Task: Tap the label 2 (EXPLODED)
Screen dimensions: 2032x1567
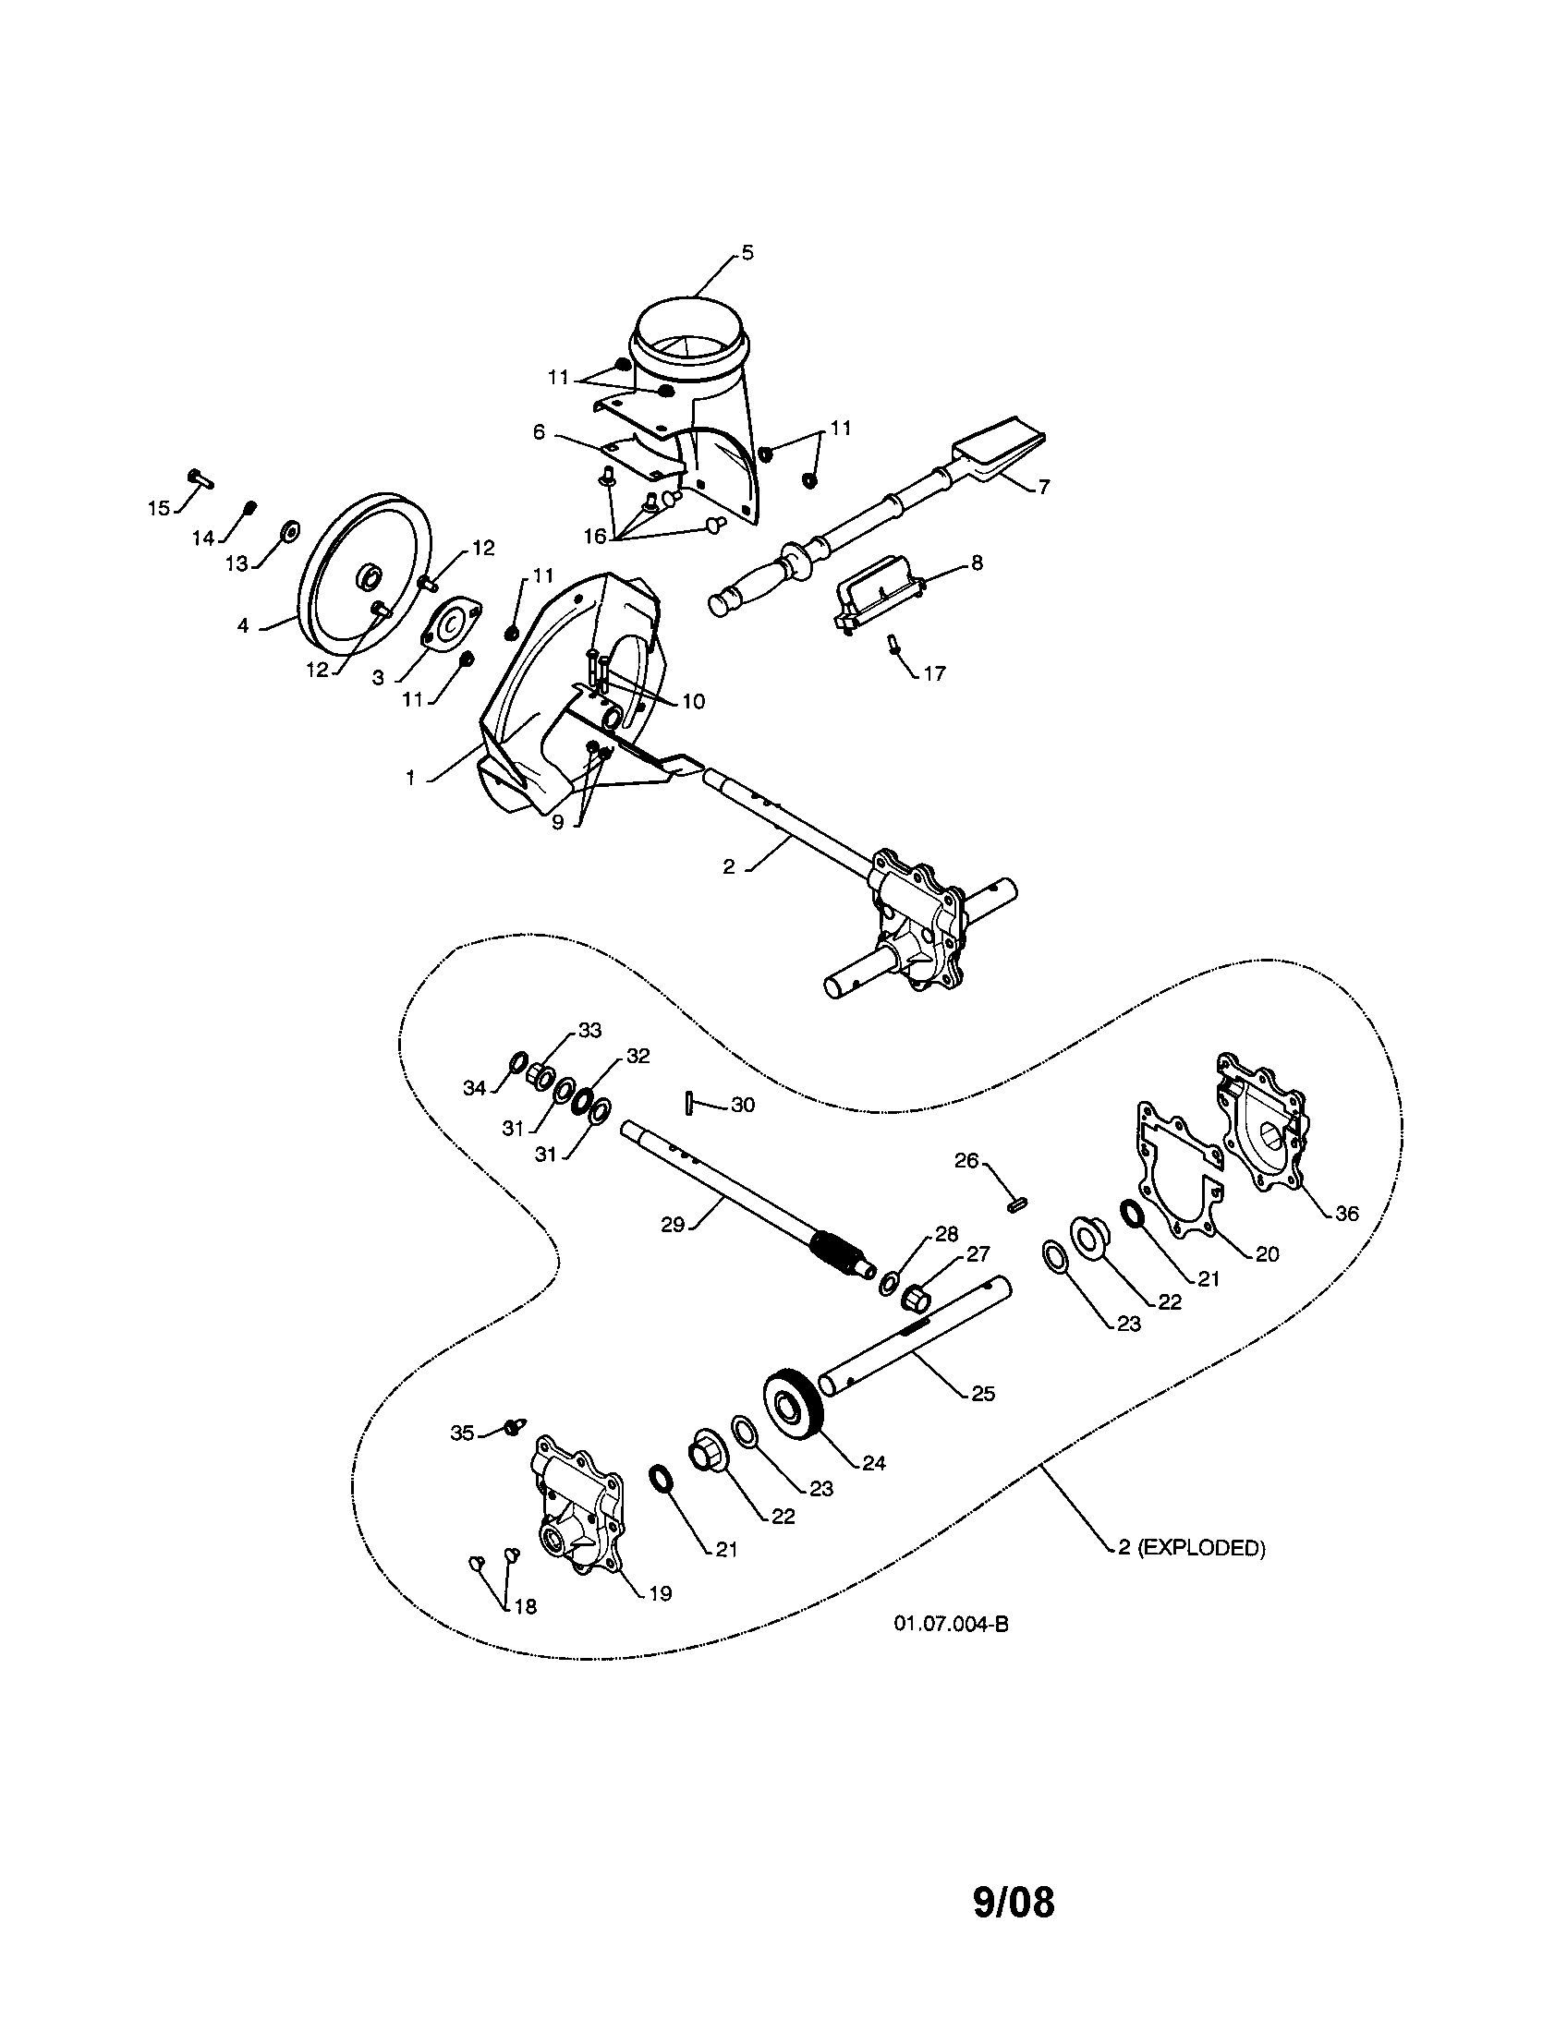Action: coord(1191,1547)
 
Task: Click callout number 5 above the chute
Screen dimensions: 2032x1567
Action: coord(747,253)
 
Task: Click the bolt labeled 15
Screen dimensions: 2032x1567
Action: coord(200,478)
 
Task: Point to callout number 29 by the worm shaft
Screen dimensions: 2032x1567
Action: coord(673,1225)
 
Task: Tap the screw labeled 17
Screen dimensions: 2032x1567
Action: coord(893,644)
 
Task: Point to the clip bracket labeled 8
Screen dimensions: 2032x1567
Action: coord(877,601)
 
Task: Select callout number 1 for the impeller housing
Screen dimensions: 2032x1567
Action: coord(410,778)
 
